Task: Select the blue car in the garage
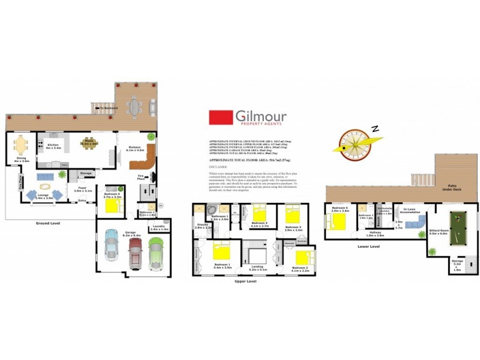coord(112,245)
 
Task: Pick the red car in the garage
coord(134,248)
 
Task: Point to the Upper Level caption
coord(245,280)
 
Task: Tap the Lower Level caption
coord(368,246)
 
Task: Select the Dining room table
coord(21,143)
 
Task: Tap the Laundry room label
coord(159,229)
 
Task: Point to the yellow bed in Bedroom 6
coord(337,221)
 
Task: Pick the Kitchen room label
coord(54,145)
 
